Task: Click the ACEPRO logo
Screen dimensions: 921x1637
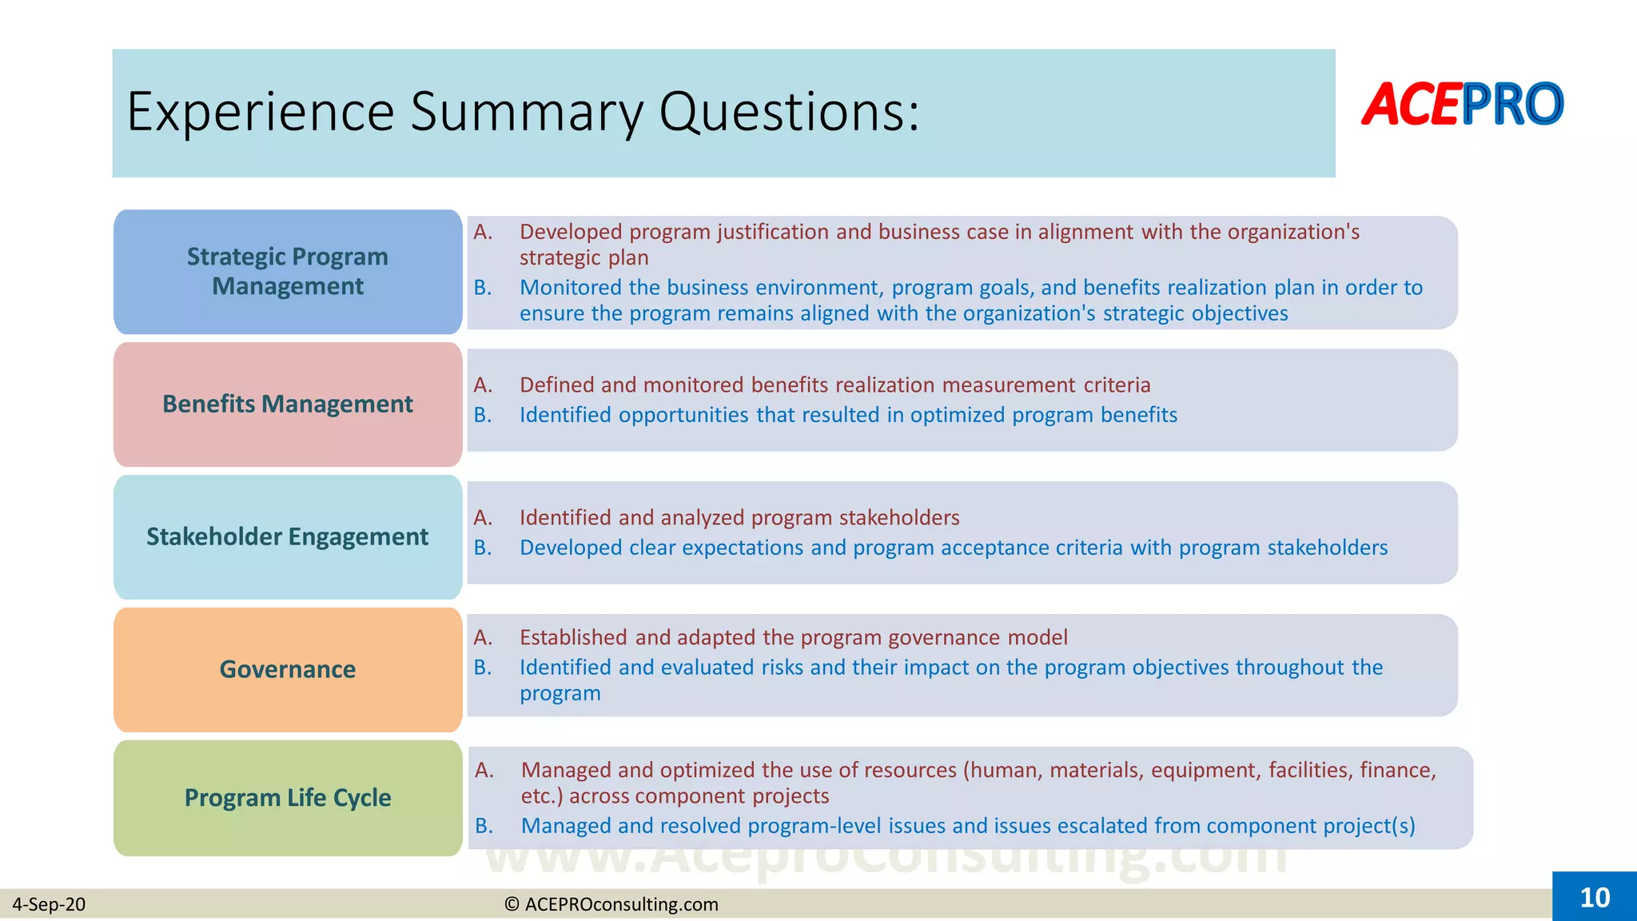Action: click(x=1462, y=105)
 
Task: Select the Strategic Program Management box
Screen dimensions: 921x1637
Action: click(x=288, y=271)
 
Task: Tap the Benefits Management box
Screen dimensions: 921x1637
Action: click(x=288, y=404)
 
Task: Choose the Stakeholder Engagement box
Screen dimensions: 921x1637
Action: click(x=288, y=536)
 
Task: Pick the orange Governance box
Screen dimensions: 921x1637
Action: click(x=288, y=669)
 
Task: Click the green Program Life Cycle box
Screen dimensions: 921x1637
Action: click(x=288, y=798)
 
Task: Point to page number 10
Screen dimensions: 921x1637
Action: click(x=1595, y=897)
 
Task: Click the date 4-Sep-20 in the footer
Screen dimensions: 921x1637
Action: click(x=49, y=904)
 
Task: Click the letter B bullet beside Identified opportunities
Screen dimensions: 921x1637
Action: click(x=482, y=415)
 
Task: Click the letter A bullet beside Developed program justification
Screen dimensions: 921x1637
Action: click(x=482, y=232)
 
